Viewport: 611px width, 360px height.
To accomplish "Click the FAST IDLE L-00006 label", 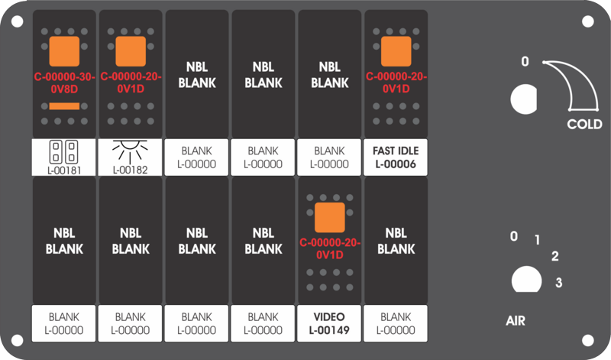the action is click(x=396, y=157).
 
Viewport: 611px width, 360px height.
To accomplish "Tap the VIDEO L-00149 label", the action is click(x=329, y=323).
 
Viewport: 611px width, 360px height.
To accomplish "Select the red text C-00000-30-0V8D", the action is click(x=64, y=83).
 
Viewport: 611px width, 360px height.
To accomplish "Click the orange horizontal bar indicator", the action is click(x=64, y=106).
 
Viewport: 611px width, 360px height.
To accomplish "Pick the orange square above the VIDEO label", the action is click(x=330, y=217).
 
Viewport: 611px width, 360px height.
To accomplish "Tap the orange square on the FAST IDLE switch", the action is click(x=396, y=51).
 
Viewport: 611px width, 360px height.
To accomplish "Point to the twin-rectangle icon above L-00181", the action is click(x=64, y=152).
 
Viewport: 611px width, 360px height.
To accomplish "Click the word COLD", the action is click(x=584, y=124).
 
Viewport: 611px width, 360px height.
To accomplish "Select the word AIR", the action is click(x=516, y=320).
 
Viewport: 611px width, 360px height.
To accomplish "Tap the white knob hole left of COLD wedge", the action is click(x=524, y=99).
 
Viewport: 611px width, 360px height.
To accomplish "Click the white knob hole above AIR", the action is click(x=526, y=279).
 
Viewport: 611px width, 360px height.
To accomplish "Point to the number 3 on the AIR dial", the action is click(x=559, y=282).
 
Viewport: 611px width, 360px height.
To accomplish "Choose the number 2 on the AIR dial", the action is click(x=555, y=256).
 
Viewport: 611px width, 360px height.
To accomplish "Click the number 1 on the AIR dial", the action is click(x=538, y=240).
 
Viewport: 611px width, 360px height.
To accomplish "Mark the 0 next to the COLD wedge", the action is click(x=525, y=61).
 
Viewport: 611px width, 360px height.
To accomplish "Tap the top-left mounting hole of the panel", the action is click(x=17, y=21).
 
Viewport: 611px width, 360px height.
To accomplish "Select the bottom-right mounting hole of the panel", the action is click(x=587, y=340).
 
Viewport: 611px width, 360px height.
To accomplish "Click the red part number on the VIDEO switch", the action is click(x=330, y=249).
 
